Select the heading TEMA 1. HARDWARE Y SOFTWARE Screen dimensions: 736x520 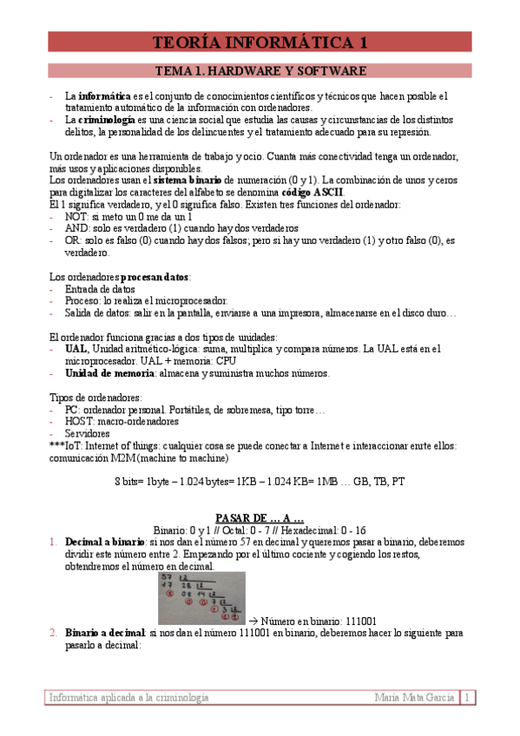coord(260,70)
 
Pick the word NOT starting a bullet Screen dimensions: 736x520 coord(76,216)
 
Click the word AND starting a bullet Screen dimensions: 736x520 coord(77,228)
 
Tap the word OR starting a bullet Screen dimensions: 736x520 coord(73,240)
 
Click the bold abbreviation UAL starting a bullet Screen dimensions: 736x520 coord(76,348)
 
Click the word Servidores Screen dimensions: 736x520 coord(88,433)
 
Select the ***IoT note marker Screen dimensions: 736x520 coord(61,445)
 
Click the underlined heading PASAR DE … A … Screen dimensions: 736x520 coord(260,516)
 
